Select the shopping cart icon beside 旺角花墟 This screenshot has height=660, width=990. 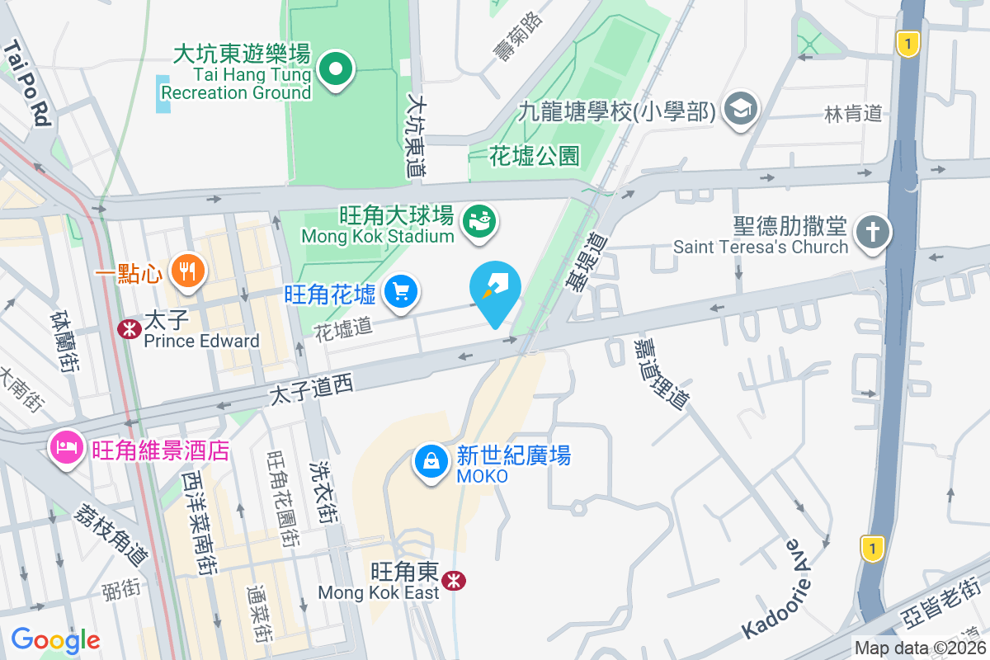pyautogui.click(x=402, y=292)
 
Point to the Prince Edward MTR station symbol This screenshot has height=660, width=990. pyautogui.click(x=129, y=329)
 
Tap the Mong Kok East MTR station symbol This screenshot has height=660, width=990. pyautogui.click(x=453, y=581)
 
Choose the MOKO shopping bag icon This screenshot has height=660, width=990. pyautogui.click(x=431, y=463)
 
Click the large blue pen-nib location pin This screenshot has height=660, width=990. pyautogui.click(x=495, y=290)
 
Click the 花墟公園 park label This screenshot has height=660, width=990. pyautogui.click(x=535, y=155)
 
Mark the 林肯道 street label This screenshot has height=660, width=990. pyautogui.click(x=853, y=114)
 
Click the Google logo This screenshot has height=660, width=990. pyautogui.click(x=55, y=640)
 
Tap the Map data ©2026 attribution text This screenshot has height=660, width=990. pyautogui.click(x=920, y=648)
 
